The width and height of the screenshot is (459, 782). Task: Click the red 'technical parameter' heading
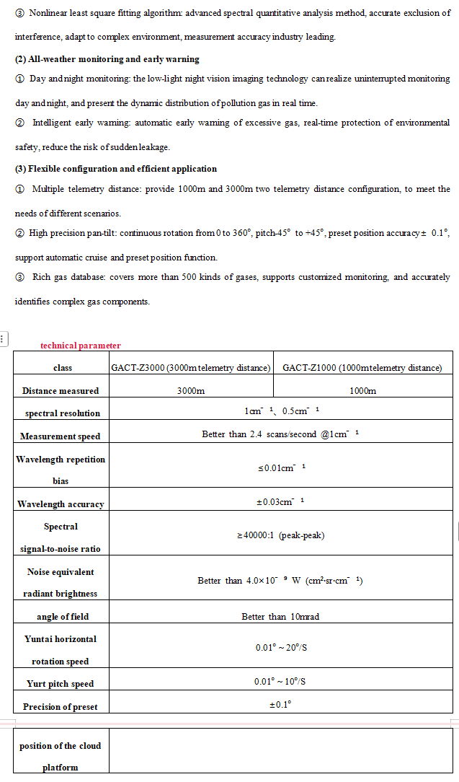point(80,346)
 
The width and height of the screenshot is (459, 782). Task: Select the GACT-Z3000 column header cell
point(190,368)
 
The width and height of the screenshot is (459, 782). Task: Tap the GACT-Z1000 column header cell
point(362,368)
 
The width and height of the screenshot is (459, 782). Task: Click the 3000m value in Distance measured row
point(191,391)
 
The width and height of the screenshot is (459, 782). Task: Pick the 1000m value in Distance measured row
point(362,391)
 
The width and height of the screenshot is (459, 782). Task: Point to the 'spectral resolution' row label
point(62,413)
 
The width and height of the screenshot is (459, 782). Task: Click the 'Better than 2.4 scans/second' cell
point(280,435)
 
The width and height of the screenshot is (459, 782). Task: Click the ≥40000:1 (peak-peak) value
point(280,536)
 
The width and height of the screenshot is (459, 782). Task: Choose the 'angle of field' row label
point(62,617)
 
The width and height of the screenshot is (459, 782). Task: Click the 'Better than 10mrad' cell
point(280,617)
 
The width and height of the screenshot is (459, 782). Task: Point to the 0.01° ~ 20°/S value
point(280,648)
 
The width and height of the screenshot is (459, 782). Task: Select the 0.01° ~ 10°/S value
point(280,682)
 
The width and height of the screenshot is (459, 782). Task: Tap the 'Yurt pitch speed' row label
point(61,684)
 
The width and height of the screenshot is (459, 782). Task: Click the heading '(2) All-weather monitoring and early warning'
point(107,59)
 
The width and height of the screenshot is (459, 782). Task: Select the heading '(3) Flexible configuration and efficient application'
point(116,169)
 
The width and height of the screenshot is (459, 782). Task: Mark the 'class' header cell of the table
point(63,368)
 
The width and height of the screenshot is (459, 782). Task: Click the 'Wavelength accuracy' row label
point(61,504)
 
